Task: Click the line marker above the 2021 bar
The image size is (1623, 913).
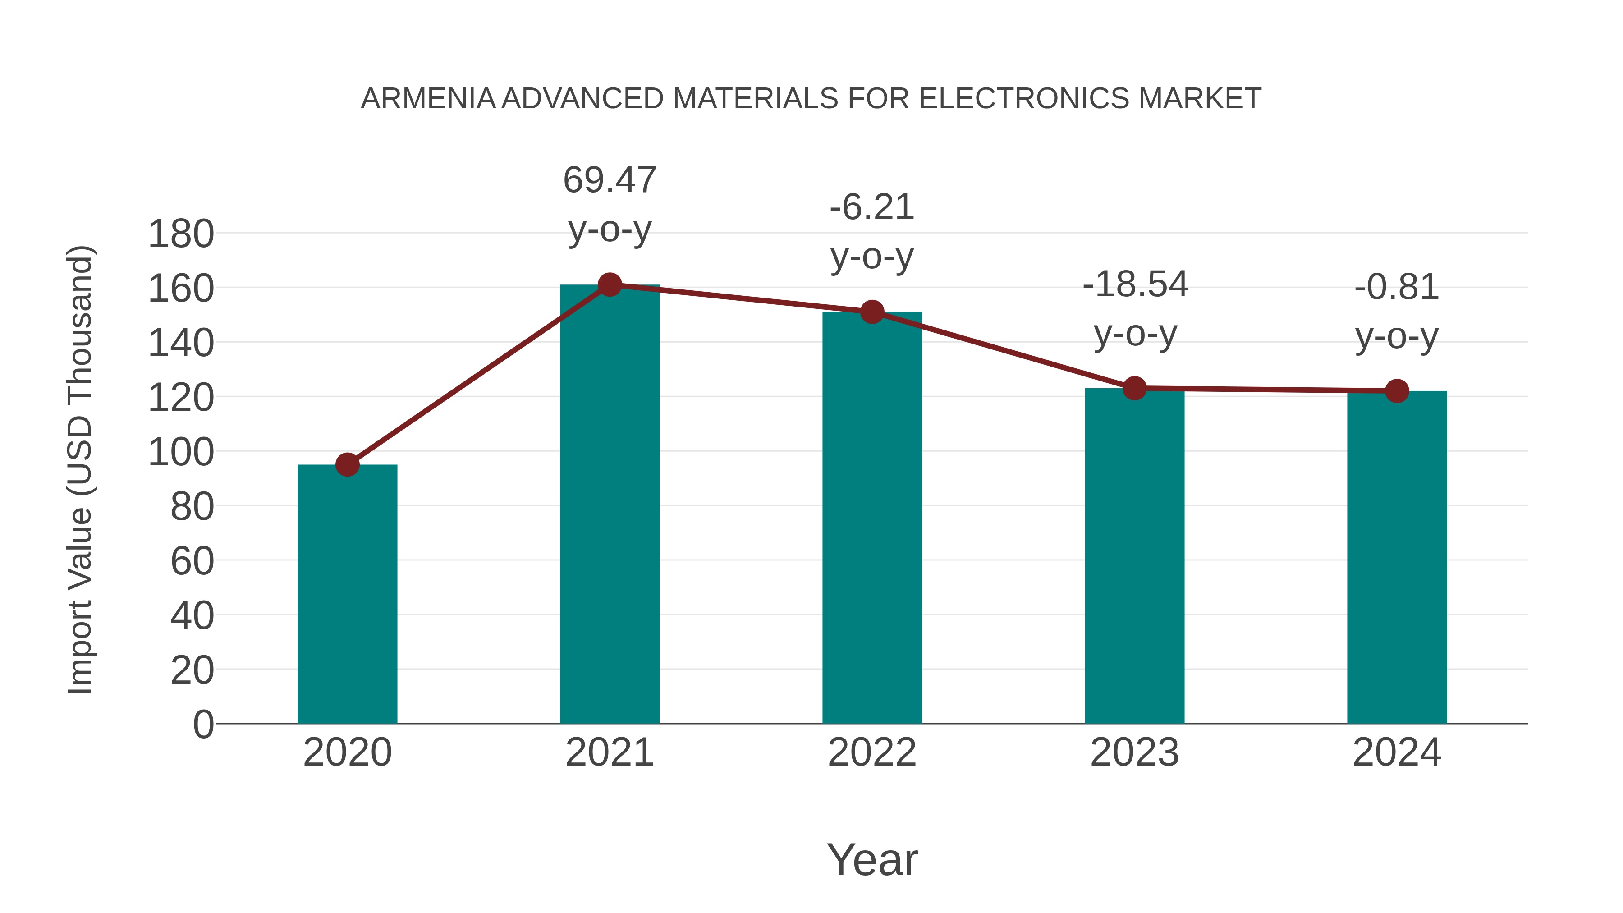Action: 609,285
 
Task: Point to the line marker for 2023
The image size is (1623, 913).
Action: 1134,388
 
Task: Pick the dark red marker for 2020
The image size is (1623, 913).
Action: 347,465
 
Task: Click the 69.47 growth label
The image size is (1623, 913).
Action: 609,180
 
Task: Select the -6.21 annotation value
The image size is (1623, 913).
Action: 872,207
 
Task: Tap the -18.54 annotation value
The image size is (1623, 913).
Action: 1135,285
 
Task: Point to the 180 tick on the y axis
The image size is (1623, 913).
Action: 181,234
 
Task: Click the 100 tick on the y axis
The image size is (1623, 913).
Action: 181,452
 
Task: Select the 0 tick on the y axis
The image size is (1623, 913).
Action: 203,725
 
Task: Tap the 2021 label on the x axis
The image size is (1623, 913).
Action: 609,752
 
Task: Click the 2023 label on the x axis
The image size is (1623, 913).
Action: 1134,752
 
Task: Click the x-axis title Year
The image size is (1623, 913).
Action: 872,859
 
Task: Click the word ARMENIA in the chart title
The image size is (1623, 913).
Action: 428,99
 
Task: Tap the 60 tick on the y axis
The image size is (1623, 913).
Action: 192,561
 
